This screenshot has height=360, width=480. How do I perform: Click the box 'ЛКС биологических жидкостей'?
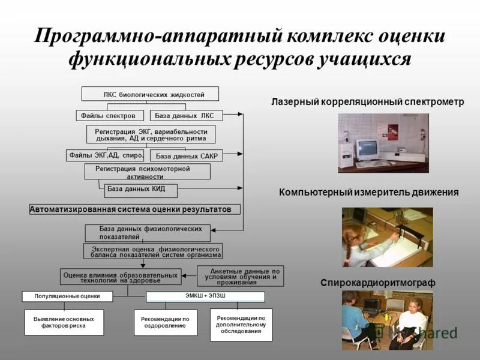pyautogui.click(x=150, y=94)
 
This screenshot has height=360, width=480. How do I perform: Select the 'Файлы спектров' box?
pyautogui.click(x=110, y=115)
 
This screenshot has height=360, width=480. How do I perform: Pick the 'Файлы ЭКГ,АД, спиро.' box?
pyautogui.click(x=106, y=155)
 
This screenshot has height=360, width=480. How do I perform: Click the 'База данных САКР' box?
pyautogui.click(x=186, y=156)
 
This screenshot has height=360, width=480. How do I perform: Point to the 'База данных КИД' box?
pyautogui.click(x=142, y=190)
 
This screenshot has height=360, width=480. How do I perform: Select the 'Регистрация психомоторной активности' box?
pyautogui.click(x=147, y=172)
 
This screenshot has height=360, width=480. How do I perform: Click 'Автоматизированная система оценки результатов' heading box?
pyautogui.click(x=134, y=209)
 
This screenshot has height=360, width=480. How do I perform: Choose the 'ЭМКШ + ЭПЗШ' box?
pyautogui.click(x=205, y=296)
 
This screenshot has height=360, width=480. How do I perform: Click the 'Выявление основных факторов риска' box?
pyautogui.click(x=64, y=322)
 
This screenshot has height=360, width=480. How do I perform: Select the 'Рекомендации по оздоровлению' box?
pyautogui.click(x=165, y=322)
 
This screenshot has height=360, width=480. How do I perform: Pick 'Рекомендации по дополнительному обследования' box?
pyautogui.click(x=241, y=324)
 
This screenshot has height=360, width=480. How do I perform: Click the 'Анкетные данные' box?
pyautogui.click(x=241, y=276)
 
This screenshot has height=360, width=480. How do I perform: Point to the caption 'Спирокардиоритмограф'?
pyautogui.click(x=377, y=283)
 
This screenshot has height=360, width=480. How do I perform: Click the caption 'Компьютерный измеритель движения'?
pyautogui.click(x=368, y=193)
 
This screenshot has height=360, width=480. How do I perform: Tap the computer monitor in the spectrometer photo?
pyautogui.click(x=367, y=147)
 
